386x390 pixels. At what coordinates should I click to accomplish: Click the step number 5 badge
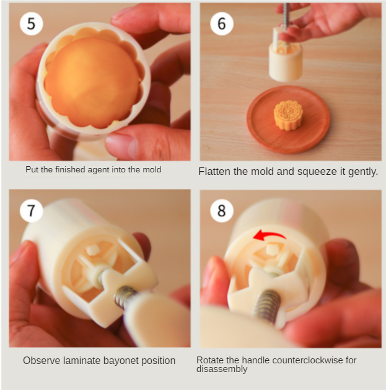pyautogui.click(x=32, y=24)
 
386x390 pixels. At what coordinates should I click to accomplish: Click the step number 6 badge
pyautogui.click(x=222, y=24)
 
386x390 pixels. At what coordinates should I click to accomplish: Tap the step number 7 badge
pyautogui.click(x=32, y=211)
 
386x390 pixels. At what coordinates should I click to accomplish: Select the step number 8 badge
pyautogui.click(x=222, y=211)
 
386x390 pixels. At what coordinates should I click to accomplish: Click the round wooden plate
pyautogui.click(x=288, y=120)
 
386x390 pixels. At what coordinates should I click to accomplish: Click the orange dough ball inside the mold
pyautogui.click(x=92, y=82)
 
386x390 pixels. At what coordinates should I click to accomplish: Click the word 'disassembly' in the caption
pyautogui.click(x=222, y=369)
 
